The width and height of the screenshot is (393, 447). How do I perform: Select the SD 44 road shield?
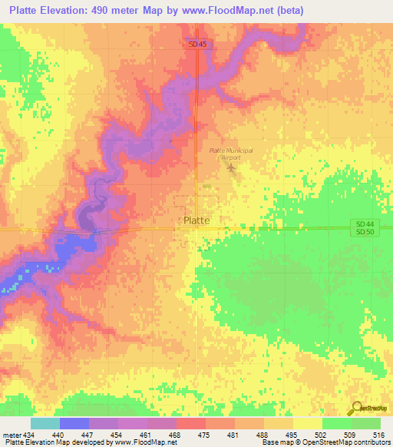pyautogui.click(x=365, y=222)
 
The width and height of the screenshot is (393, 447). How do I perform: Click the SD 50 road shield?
pyautogui.click(x=365, y=232)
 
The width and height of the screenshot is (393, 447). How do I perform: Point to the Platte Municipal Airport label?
pyautogui.click(x=231, y=154)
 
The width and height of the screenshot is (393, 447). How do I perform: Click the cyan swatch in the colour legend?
pyautogui.click(x=45, y=423)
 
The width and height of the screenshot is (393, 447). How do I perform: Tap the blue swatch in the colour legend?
pyautogui.click(x=74, y=423)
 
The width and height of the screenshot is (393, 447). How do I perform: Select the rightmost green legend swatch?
pyautogui.click(x=365, y=423)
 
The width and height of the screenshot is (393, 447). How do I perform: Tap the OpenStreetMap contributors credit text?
pyautogui.click(x=354, y=442)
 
